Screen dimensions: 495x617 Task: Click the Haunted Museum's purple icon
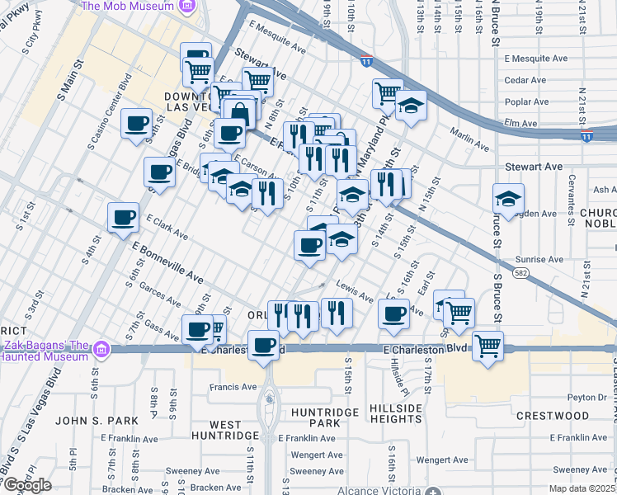click(101, 349)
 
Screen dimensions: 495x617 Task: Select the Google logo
click(26, 485)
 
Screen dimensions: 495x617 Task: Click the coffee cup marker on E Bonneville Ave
click(123, 219)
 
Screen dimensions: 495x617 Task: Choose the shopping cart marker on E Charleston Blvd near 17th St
click(488, 347)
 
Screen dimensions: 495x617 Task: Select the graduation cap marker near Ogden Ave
click(508, 199)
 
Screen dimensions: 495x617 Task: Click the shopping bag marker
click(239, 111)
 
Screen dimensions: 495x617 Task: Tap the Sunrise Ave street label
click(540, 259)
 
